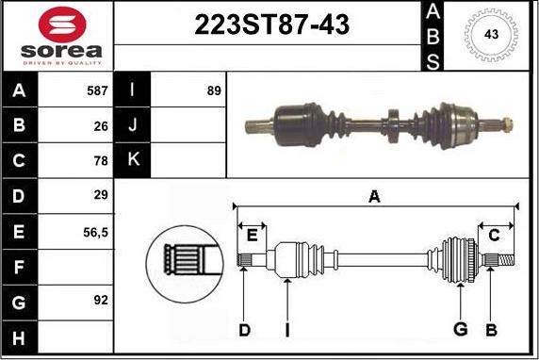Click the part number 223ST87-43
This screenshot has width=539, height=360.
pos(271,25)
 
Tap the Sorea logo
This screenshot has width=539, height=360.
pos(58,35)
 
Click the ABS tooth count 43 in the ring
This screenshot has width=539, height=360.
pos(490,34)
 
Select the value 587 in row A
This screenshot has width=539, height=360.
pos(97,91)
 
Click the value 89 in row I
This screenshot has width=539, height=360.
pos(213,91)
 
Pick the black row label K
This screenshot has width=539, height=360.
pos(132,160)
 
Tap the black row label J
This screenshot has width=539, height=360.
pos(132,125)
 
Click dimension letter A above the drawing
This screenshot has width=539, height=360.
pos(374,196)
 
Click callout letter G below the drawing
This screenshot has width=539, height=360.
pos(461,329)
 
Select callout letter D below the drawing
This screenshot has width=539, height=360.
pos(244,329)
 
